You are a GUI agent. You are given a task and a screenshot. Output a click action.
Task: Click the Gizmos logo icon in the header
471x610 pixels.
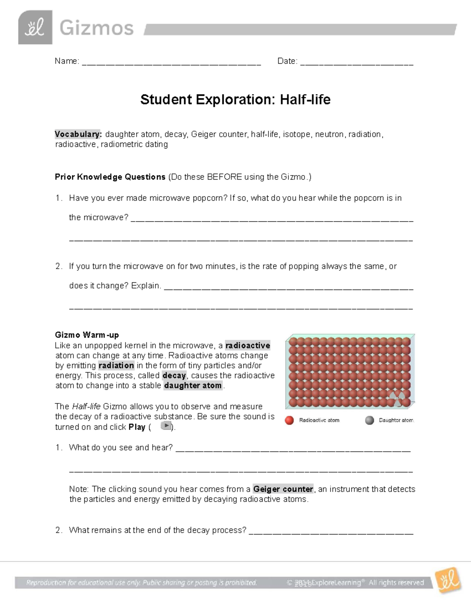[35, 27]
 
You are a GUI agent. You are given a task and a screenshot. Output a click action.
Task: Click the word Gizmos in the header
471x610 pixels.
[97, 28]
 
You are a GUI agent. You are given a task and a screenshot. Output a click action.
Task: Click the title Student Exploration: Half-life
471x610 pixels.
[235, 99]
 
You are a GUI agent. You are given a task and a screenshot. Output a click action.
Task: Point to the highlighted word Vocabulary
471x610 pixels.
[78, 134]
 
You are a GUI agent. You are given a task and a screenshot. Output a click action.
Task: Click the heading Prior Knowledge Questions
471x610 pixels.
[110, 177]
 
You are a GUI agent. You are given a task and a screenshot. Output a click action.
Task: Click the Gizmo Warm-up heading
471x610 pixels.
[87, 335]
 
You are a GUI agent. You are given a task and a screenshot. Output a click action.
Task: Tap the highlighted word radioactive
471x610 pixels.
[248, 346]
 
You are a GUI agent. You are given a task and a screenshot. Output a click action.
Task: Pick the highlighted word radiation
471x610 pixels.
[116, 366]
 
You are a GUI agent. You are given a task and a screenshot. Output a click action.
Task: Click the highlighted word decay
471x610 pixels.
[174, 376]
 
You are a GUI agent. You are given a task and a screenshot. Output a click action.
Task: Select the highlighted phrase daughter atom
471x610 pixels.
[193, 386]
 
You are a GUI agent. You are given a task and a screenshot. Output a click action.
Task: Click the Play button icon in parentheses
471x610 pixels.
[166, 426]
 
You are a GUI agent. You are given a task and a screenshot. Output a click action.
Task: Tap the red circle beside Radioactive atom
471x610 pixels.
[290, 420]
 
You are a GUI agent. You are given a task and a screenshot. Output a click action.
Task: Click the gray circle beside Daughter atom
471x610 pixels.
[369, 420]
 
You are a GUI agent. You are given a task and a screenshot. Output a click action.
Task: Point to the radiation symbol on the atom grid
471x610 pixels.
[397, 399]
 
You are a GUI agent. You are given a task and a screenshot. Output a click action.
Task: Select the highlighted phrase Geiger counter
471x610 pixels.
[283, 489]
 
